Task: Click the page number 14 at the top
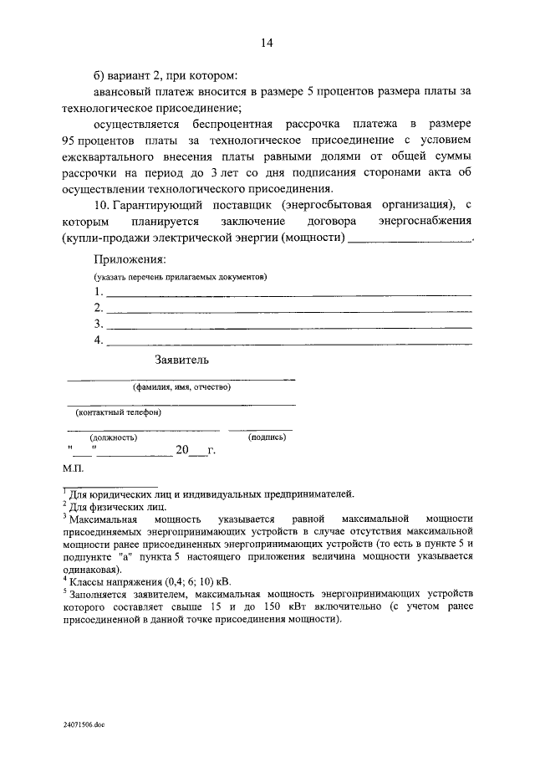click(267, 43)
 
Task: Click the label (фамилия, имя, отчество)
click(181, 387)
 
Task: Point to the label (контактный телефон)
click(118, 412)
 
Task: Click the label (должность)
click(114, 437)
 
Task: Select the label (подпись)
click(264, 437)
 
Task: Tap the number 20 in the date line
click(183, 451)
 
